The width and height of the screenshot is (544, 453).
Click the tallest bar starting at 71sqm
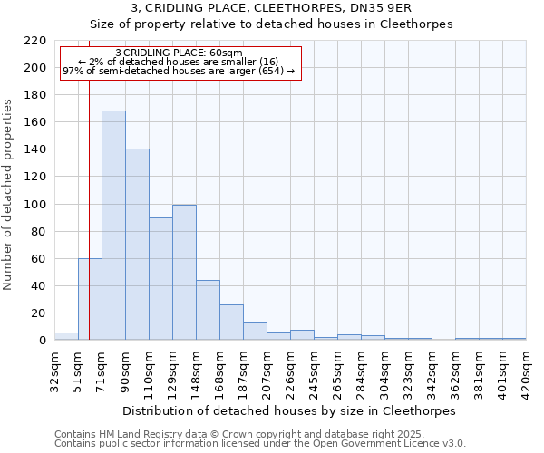(x=113, y=226)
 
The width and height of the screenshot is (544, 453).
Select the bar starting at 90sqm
(x=137, y=245)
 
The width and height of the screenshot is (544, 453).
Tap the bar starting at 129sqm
(x=184, y=273)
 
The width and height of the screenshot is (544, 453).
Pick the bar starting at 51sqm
(x=90, y=299)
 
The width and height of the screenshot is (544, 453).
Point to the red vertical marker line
(x=89, y=181)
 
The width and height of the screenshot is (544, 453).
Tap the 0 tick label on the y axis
(x=42, y=341)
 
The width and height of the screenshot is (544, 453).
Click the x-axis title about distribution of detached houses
(x=290, y=410)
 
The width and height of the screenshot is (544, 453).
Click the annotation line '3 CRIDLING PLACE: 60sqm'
(x=180, y=53)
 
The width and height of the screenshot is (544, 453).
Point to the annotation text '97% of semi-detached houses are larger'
(x=179, y=71)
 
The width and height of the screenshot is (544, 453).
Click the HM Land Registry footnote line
(x=259, y=434)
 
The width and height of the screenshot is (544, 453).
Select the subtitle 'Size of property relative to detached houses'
(x=271, y=24)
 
